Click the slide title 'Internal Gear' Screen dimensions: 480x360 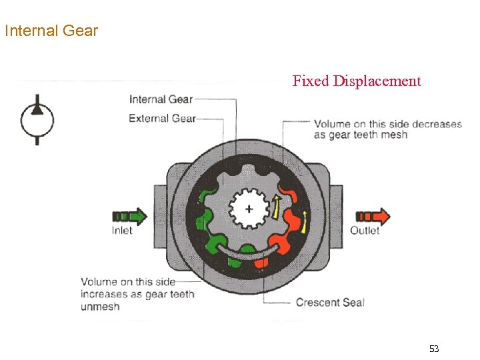click(x=51, y=31)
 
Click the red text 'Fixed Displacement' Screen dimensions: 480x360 click(x=357, y=81)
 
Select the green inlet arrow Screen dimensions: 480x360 click(x=130, y=216)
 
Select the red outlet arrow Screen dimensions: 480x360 click(x=373, y=216)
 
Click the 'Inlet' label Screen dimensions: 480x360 click(x=122, y=231)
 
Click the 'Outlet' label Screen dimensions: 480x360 click(x=365, y=231)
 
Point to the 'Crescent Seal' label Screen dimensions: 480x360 click(x=330, y=302)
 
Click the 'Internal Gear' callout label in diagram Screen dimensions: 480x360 click(x=161, y=99)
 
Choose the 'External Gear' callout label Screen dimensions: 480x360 click(x=162, y=118)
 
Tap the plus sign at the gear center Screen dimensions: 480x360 click(x=249, y=209)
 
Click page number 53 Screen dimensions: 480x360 click(x=434, y=349)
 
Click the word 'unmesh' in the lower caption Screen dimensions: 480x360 click(x=101, y=306)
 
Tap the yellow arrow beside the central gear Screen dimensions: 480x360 click(x=275, y=206)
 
